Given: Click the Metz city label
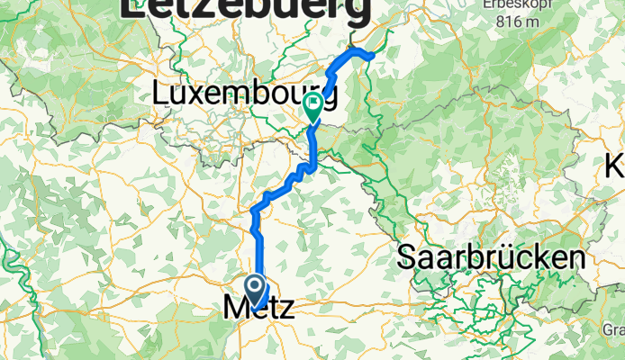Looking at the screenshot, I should (258, 308).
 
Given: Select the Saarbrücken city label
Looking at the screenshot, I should (491, 259).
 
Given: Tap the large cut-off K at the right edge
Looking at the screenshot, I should (616, 166).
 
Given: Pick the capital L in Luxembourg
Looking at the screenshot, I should (162, 93).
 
